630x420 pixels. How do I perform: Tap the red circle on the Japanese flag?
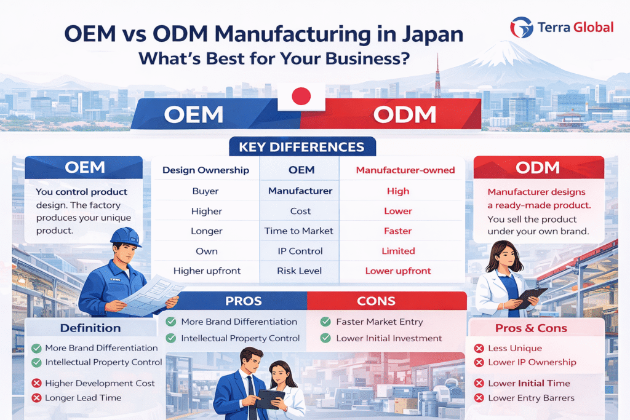tap(301, 97)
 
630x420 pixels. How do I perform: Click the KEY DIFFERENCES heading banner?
tap(301, 148)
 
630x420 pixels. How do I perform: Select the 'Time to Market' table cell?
tap(300, 231)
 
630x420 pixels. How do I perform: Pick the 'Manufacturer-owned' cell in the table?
tap(398, 170)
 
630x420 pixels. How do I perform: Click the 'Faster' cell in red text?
tap(398, 231)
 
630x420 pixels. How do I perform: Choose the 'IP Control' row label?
tap(300, 251)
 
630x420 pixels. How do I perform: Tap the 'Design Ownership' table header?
tap(206, 170)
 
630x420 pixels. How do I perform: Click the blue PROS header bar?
tap(244, 301)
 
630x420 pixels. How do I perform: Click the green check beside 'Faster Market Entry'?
tap(325, 322)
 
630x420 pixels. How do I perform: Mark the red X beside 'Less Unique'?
tap(479, 349)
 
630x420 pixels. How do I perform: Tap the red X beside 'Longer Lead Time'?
tap(36, 398)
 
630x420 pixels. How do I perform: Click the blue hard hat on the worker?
tap(126, 236)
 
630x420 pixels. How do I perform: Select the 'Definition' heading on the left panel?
tap(90, 328)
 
